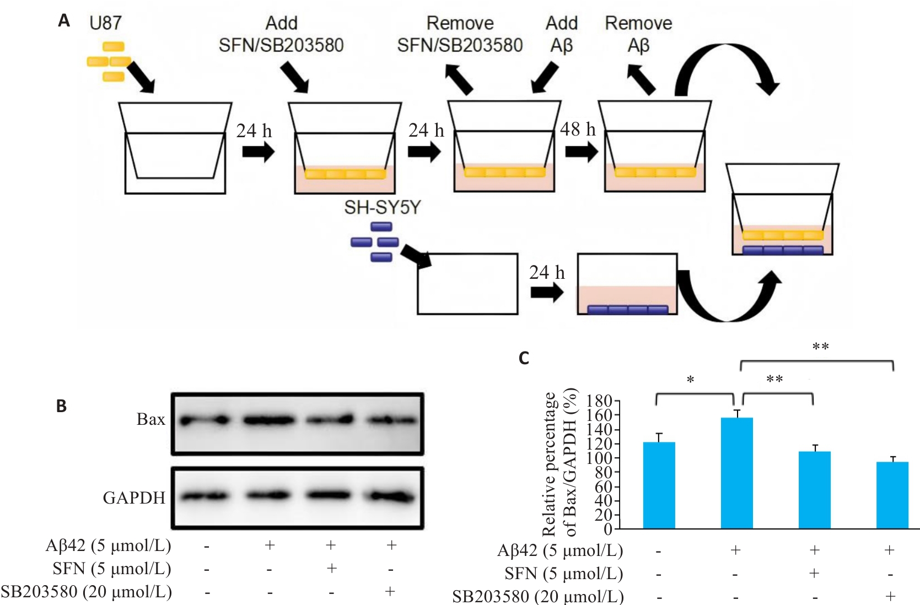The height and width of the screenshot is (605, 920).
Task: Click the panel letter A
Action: point(64,21)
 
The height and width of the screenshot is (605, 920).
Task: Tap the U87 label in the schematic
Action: point(105,23)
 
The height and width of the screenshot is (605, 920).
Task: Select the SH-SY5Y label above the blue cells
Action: point(382,207)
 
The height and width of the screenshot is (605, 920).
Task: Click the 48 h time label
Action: point(578,129)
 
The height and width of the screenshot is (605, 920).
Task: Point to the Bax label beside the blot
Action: point(150,419)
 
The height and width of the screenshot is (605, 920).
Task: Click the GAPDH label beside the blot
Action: point(134,498)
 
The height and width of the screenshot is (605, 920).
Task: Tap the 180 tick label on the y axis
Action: point(599,401)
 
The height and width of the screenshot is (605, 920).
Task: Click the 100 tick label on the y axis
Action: point(599,458)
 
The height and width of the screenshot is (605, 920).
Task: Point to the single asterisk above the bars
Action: point(690,380)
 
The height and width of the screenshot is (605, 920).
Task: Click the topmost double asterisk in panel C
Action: point(820,347)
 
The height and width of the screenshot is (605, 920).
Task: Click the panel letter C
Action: point(524,359)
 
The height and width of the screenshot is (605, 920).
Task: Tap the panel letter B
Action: point(61,406)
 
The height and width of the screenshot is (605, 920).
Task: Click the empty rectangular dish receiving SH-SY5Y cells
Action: point(467,284)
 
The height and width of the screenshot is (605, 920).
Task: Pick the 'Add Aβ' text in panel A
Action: point(561,34)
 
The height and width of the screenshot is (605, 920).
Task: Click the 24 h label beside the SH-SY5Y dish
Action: point(547,272)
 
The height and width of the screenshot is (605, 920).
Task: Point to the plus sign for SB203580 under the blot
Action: point(390,592)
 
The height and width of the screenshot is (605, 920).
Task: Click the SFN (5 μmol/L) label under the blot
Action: point(112,568)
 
